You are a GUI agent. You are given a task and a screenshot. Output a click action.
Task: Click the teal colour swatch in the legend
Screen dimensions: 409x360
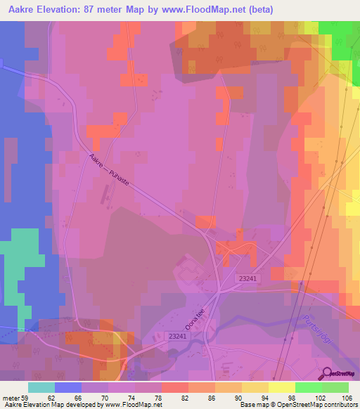41,387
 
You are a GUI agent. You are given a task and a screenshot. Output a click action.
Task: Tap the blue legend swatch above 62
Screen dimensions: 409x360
68,387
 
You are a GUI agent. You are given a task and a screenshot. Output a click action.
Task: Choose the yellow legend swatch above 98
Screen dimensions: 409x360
281,387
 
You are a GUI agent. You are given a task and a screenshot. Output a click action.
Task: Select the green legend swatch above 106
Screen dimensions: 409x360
335,387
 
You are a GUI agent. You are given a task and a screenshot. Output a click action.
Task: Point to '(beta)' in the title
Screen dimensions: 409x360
259,10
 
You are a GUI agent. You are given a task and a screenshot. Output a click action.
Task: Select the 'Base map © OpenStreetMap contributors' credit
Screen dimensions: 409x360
297,405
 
